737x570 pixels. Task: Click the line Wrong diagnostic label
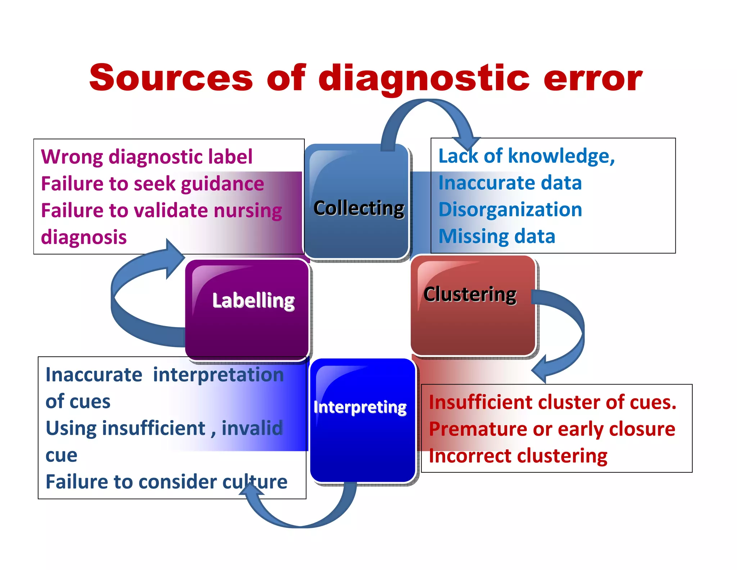[x=146, y=157]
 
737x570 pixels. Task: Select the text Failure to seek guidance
[x=152, y=184]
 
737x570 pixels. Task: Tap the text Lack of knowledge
[x=526, y=156]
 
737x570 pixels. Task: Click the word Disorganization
[x=510, y=209]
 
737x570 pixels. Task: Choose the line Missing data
[x=497, y=236]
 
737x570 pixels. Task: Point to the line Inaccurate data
[x=510, y=183]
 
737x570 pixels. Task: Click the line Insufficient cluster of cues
[x=552, y=402]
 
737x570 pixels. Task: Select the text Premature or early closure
[x=552, y=429]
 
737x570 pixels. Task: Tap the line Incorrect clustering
[x=518, y=456]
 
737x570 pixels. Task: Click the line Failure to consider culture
[x=166, y=482]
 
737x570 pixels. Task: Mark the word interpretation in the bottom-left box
[x=218, y=375]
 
